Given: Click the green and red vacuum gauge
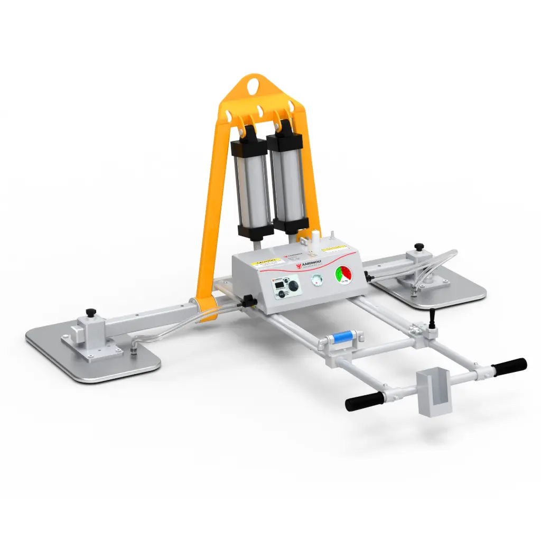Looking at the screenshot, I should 344,275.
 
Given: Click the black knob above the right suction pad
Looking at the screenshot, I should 419,246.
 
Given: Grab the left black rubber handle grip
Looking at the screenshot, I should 364,401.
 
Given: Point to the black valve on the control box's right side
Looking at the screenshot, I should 366,274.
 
